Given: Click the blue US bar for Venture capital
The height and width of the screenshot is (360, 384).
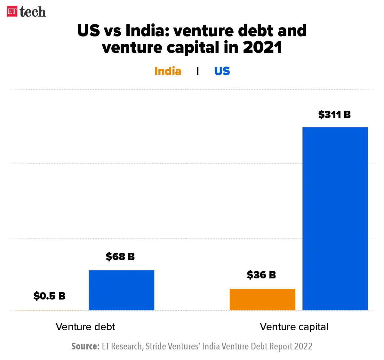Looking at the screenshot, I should click(335, 219).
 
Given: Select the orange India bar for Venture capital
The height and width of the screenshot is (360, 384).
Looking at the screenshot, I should click(262, 300).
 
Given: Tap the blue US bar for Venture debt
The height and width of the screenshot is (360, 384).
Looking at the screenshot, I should click(121, 290).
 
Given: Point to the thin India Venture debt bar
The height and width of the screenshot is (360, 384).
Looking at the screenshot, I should click(49, 310).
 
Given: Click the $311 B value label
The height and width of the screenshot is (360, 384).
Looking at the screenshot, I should click(334, 115).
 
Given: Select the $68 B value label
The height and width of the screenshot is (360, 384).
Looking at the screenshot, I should click(120, 256).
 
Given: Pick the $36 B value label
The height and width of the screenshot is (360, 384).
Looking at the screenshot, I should click(261, 275).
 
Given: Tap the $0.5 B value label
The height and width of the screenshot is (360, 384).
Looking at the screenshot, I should click(49, 296).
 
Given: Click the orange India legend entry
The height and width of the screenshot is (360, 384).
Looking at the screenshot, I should click(168, 71).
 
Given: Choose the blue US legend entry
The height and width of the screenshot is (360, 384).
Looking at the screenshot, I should click(222, 71).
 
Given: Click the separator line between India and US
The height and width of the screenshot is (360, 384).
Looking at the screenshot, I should click(198, 71).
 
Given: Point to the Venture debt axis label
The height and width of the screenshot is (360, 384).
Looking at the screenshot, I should click(85, 327).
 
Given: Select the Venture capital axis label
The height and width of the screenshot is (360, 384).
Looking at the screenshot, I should click(294, 327).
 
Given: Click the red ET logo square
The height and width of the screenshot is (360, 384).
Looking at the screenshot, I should click(12, 12).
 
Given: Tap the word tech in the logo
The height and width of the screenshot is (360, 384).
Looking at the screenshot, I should click(33, 12).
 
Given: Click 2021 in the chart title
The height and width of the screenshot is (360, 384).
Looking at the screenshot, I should click(262, 47).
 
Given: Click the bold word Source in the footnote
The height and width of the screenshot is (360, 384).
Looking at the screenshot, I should click(85, 347).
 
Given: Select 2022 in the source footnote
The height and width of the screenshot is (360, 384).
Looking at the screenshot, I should click(303, 347).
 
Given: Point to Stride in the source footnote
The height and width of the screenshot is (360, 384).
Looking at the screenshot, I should click(155, 347).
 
